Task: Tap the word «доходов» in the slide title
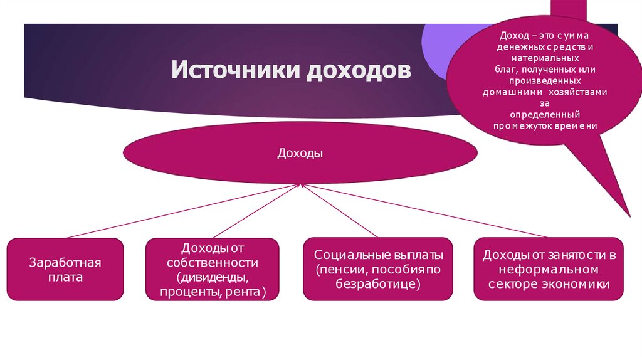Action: click(359, 70)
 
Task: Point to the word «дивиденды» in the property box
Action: click(209, 277)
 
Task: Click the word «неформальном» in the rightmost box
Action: click(549, 270)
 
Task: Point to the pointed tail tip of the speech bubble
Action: click(629, 215)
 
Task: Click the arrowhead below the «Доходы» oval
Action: click(301, 184)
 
